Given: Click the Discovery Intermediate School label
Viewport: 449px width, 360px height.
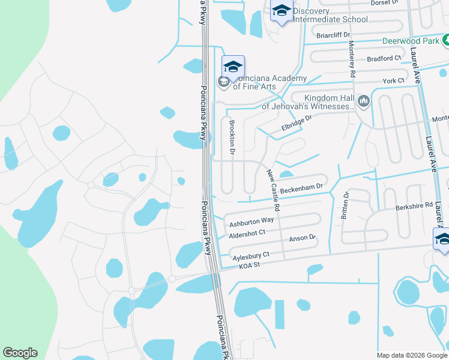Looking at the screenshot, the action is [x=330, y=15].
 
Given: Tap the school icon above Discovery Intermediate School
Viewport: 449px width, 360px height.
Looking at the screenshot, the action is [x=282, y=11].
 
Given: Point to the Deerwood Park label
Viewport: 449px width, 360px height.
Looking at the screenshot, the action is [x=411, y=42].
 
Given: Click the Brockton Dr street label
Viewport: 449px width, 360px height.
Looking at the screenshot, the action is [x=232, y=136].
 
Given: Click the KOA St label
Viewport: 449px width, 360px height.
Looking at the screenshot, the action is [x=249, y=266].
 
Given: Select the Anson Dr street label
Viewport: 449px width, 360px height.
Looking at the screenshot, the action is [x=303, y=238].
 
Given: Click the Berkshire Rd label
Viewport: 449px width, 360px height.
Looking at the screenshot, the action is [x=414, y=205].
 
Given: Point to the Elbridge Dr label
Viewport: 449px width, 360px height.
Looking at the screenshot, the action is [x=297, y=124].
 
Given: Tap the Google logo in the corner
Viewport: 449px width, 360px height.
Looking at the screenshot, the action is [x=20, y=353].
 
